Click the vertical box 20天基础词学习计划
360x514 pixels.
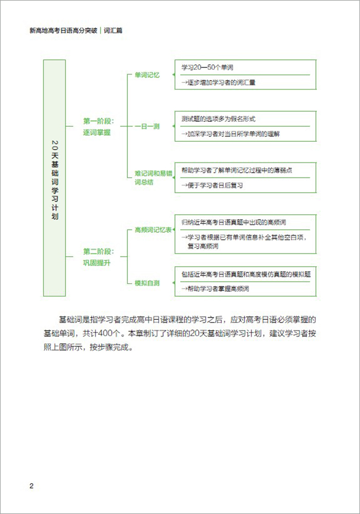coord(54,178)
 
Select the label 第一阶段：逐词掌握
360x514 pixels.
coord(98,127)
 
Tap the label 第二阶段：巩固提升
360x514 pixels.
coord(98,257)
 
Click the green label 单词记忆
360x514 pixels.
coord(147,75)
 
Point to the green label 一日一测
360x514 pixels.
coord(147,126)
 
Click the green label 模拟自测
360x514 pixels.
coord(147,283)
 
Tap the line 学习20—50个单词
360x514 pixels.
coord(208,67)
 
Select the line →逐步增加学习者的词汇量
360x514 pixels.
coord(218,82)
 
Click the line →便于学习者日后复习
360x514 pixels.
coord(212,185)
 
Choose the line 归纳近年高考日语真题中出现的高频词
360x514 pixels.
coord(233,223)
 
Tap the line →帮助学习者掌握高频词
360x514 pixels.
coord(215,289)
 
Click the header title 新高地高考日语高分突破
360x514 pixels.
coord(64,31)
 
